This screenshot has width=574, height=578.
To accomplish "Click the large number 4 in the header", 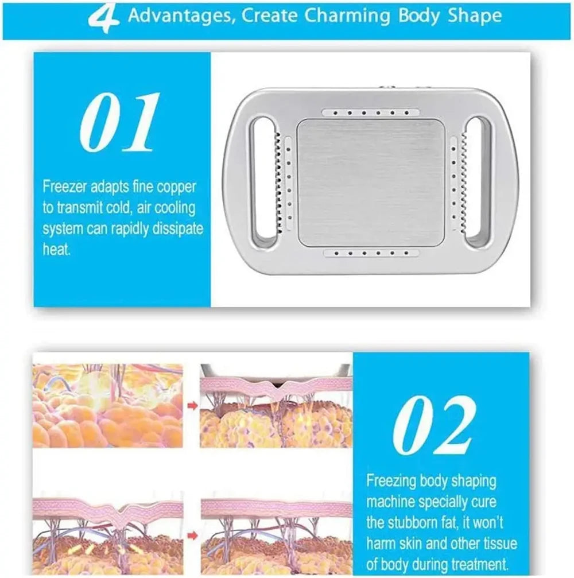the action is tap(103, 18).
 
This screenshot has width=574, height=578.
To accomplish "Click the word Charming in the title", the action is tap(347, 16).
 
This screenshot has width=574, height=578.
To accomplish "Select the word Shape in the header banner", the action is tap(475, 16).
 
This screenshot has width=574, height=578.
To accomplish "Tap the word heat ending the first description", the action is tap(56, 250).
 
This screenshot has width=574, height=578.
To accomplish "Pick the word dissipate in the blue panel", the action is tap(178, 229).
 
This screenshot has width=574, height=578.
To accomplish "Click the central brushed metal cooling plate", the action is tap(371, 183).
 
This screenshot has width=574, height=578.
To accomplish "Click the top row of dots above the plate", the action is tap(370, 113).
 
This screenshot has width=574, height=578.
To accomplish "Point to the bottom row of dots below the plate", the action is tap(371, 253).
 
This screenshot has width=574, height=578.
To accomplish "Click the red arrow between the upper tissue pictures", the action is tap(192, 406).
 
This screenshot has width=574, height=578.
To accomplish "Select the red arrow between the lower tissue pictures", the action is tap(192, 534).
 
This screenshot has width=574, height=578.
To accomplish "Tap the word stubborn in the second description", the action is tap(417, 523).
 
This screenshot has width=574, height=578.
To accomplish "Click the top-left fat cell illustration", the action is tap(108, 405).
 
